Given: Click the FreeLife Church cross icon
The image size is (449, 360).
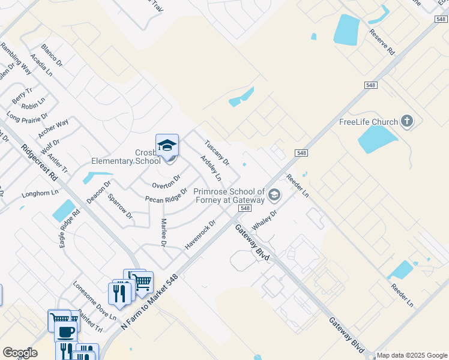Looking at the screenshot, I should pos(407,122).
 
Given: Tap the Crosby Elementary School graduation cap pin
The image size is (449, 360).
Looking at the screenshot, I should pos(167,146).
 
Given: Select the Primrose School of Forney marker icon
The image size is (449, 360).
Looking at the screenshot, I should pos(274,194).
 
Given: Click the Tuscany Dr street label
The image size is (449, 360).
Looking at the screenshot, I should pos(217,153).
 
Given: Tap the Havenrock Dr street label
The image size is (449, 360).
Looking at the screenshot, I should pos(200,235).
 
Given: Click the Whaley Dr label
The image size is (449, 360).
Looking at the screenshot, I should pos(264,219).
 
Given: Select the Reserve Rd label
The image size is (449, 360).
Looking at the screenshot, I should pos(382,42).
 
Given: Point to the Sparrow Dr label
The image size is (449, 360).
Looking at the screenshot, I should pos(119,206).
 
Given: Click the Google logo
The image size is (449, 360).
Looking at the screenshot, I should pos(20,353).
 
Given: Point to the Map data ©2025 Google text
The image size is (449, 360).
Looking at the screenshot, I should pos(411,355).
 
